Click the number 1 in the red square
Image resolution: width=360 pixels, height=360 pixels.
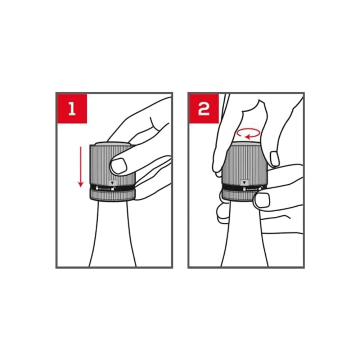72,109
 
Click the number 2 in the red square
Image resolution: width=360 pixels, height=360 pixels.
204,109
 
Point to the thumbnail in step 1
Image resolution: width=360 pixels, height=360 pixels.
118,165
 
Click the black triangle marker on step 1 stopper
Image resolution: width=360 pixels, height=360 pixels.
112,183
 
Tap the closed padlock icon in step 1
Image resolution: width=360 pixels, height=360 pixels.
97,188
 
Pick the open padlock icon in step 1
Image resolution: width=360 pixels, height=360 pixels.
113,189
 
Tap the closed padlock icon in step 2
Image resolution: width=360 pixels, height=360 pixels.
244,189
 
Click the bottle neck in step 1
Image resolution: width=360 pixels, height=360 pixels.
112,234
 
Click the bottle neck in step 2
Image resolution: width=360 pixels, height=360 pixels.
244,234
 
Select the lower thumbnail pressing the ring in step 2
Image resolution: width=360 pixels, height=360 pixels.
262,200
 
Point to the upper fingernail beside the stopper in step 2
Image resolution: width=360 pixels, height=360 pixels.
275,159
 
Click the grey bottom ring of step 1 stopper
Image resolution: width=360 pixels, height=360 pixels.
112,195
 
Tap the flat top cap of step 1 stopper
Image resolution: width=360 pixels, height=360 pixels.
112,144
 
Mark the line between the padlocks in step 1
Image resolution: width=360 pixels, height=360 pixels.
105,189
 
